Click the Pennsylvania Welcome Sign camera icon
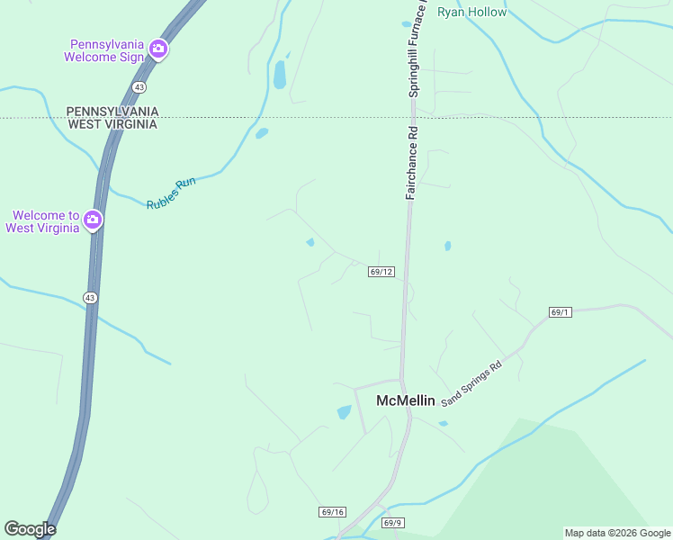[x=158, y=49]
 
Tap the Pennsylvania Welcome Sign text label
[x=103, y=49]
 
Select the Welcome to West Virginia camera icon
[x=92, y=220]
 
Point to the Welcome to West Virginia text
[x=42, y=221]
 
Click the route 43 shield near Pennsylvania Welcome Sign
[x=138, y=86]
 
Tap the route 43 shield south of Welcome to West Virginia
[x=90, y=297]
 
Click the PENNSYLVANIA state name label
[x=112, y=111]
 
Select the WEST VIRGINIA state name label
[x=112, y=124]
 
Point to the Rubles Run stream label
[x=171, y=194]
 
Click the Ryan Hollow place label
[x=471, y=13]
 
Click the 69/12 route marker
[x=381, y=271]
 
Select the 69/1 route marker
[x=560, y=312]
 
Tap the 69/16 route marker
[x=332, y=512]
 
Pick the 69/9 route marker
[x=392, y=522]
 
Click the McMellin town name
[x=405, y=400]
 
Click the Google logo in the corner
[x=30, y=529]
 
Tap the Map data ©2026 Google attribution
[x=617, y=533]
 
